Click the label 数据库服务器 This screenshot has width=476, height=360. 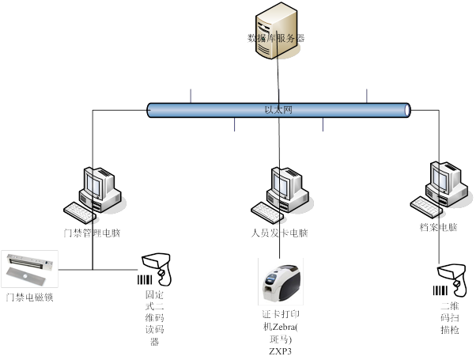coord(276,37)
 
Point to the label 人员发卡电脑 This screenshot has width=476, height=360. coord(276,233)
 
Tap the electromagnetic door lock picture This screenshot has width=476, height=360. coord(30,269)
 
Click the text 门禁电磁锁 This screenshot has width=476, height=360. coord(29,297)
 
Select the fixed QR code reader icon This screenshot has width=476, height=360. coord(155,269)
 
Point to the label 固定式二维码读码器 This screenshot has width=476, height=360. coord(154,316)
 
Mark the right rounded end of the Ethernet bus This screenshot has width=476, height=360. coord(406,110)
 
